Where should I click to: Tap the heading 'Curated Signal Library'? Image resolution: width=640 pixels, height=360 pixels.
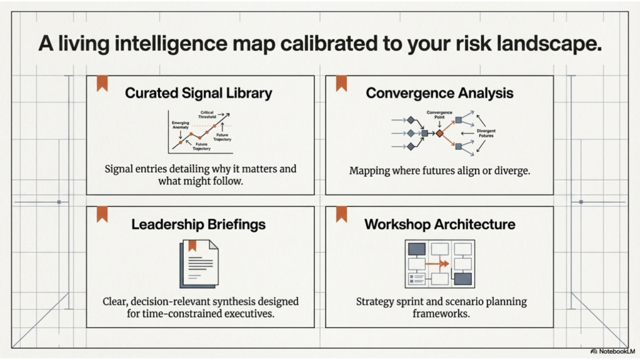(x=199, y=93)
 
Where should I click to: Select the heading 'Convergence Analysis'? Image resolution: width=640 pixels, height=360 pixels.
(x=439, y=93)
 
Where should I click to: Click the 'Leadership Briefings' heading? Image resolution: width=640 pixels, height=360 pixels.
(x=198, y=224)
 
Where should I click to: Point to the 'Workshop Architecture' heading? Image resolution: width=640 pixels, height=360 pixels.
(x=440, y=224)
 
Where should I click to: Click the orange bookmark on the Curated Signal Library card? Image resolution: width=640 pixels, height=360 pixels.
(x=102, y=84)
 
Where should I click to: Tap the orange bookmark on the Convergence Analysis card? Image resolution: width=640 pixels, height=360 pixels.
(x=341, y=84)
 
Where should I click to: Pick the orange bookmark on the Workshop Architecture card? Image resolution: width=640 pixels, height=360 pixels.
(x=341, y=214)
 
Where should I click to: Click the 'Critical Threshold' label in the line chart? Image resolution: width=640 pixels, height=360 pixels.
(x=207, y=114)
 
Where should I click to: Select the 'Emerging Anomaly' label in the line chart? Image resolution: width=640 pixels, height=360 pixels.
(x=181, y=125)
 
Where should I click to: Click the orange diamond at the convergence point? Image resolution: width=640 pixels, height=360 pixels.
(x=439, y=133)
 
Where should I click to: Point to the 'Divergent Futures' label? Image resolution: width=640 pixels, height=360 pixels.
(x=486, y=133)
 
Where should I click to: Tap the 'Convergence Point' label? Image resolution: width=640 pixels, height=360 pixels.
(x=439, y=115)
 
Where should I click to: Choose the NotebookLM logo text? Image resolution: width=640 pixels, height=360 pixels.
(x=616, y=352)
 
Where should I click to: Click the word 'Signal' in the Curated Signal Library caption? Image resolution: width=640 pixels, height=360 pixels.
(x=121, y=169)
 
